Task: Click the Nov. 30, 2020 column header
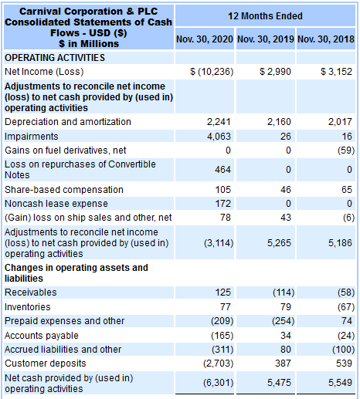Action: coord(205,39)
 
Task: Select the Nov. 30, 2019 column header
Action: coord(266,39)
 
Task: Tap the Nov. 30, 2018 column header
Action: coord(326,39)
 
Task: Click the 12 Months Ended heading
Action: coord(265,16)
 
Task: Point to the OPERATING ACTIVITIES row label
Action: coord(55,58)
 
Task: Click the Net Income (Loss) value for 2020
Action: coord(212,72)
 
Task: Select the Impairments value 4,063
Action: coord(219,136)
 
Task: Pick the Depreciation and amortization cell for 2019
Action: coord(279,122)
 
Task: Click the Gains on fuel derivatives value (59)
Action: coord(346,150)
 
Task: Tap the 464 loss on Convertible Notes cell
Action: coord(222,170)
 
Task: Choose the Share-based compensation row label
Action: coord(64,190)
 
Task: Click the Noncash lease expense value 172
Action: coord(223,204)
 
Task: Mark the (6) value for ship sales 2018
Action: coord(348,218)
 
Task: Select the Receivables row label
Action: coord(31,292)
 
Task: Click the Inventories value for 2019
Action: coord(285,307)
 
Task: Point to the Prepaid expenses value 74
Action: coord(346,321)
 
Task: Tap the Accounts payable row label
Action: coord(42,336)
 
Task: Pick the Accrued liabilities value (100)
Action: coord(343,350)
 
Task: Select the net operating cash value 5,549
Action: coord(340,383)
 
